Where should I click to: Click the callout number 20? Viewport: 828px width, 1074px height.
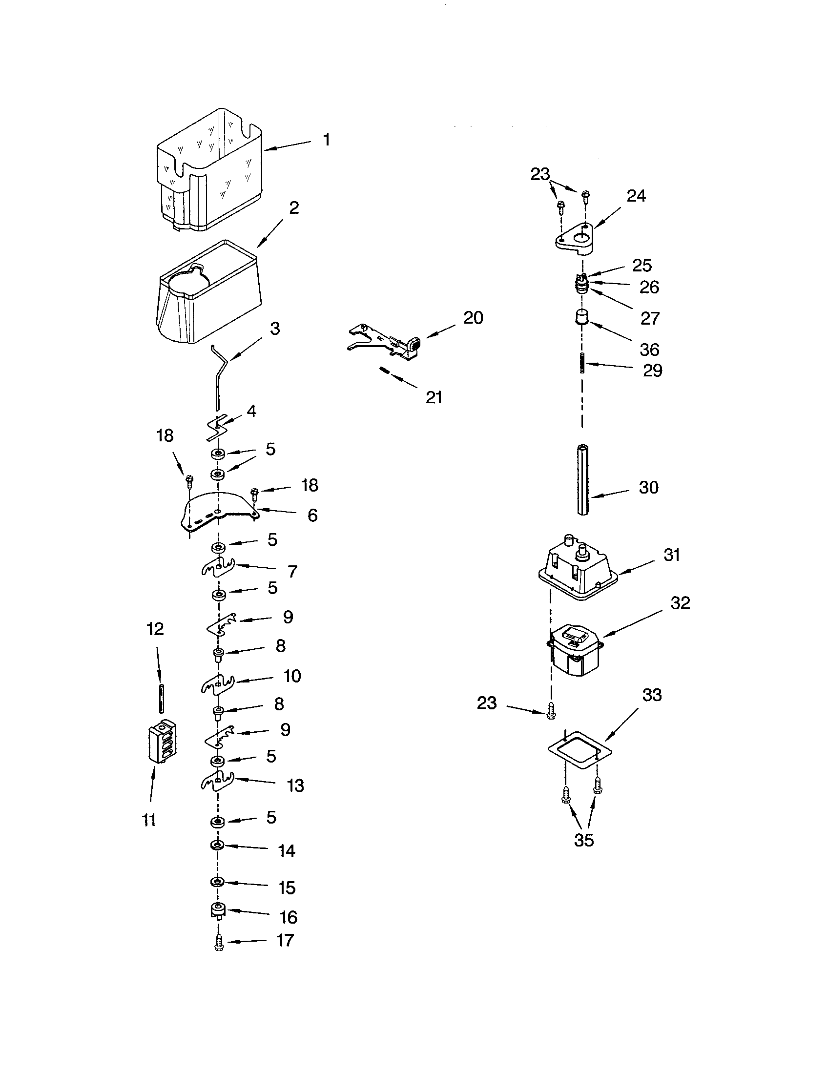[473, 318]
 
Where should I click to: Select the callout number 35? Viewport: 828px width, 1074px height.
[583, 840]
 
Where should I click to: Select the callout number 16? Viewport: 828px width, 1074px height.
[289, 917]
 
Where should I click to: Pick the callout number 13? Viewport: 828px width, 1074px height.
[295, 785]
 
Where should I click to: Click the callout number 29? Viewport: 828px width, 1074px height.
[652, 371]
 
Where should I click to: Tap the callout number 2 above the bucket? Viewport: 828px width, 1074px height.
[293, 207]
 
